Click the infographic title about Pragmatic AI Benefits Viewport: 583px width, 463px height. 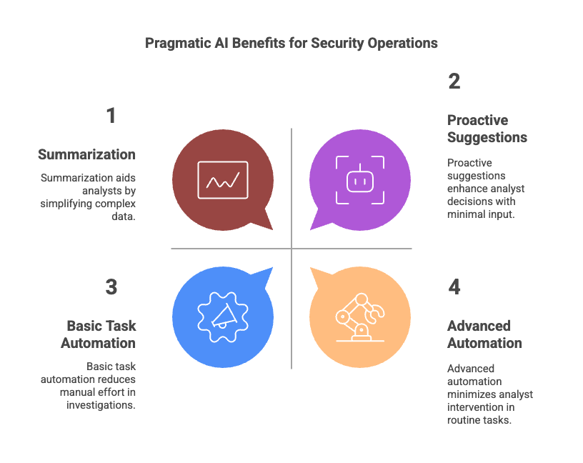(x=291, y=43)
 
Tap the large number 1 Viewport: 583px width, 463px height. (x=111, y=116)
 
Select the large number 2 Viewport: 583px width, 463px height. (x=454, y=81)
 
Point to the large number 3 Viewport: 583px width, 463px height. (x=111, y=287)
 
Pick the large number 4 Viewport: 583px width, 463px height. (x=454, y=287)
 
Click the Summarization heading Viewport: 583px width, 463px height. (x=86, y=154)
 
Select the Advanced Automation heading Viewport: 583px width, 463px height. (x=484, y=334)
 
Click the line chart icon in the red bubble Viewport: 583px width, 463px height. (x=223, y=180)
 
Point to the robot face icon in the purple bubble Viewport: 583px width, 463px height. (x=360, y=180)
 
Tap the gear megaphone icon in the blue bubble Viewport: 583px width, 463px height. (x=223, y=316)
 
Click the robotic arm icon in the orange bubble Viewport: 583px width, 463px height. (x=359, y=316)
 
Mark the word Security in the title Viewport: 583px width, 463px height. (x=336, y=43)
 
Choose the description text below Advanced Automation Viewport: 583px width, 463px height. (x=489, y=394)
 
